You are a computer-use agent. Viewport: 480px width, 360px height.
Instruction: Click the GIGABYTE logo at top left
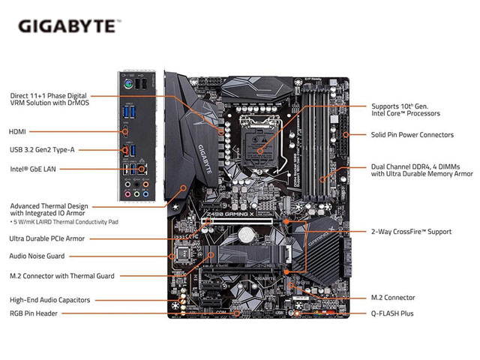67,26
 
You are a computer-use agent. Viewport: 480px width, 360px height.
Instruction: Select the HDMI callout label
18,131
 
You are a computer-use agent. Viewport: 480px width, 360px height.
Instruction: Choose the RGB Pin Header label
37,313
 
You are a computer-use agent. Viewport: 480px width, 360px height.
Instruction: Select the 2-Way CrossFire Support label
411,232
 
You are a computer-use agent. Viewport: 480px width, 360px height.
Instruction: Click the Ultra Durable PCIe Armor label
46,238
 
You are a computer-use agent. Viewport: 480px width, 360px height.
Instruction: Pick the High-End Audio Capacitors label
49,300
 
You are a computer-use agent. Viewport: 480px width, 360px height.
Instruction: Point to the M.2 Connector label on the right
394,298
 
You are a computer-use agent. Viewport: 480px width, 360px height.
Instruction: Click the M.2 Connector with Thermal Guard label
61,276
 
